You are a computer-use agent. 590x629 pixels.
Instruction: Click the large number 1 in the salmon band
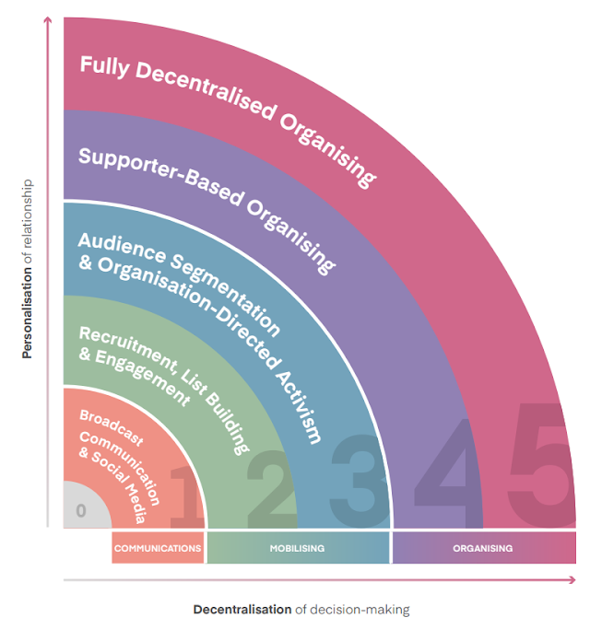[x=189, y=498]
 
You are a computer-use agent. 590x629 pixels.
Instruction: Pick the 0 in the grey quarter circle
[x=81, y=510]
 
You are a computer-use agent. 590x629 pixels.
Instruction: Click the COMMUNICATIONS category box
[x=158, y=548]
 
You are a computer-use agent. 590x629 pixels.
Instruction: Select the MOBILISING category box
[x=297, y=548]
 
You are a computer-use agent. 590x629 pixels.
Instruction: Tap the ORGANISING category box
[x=482, y=548]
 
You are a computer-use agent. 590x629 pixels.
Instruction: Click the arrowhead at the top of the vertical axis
[x=47, y=20]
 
